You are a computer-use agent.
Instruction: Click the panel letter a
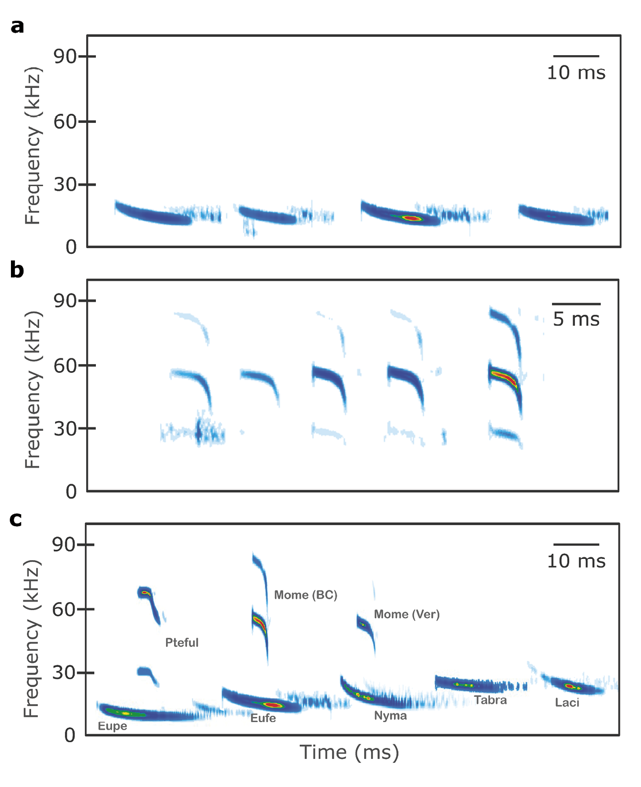click(17, 26)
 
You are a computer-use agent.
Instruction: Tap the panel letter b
click(17, 270)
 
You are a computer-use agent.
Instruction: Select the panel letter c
click(16, 519)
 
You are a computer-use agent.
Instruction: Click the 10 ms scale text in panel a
click(576, 73)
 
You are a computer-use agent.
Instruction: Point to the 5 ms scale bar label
click(576, 319)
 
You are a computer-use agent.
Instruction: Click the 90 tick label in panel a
click(65, 56)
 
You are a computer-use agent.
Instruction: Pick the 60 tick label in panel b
click(65, 365)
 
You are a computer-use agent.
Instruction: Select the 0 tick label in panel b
click(71, 492)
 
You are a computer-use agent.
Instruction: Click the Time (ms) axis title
click(349, 753)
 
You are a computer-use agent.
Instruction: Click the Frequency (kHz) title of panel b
click(33, 389)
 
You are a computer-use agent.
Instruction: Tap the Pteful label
click(182, 643)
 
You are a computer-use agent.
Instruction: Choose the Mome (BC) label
click(306, 595)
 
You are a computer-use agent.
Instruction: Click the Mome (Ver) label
click(407, 615)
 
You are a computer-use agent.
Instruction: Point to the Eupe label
click(113, 726)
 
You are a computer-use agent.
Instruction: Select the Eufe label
click(263, 718)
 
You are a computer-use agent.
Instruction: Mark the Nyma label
click(391, 716)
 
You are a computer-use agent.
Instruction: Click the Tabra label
click(491, 700)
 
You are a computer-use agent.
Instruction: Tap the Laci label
click(567, 703)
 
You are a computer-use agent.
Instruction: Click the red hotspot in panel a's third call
click(412, 218)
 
